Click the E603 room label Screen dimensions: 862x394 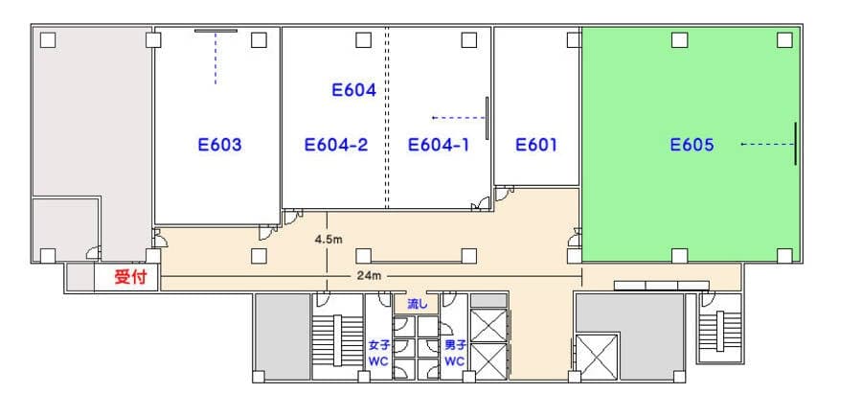coord(219,145)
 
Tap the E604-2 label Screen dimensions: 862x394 coord(336,145)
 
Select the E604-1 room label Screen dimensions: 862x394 coord(439,145)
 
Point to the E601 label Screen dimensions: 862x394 coord(536,145)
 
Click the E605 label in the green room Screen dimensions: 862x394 coord(692,145)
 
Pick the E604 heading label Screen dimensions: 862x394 coord(354,90)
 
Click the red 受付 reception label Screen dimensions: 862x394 coord(131,276)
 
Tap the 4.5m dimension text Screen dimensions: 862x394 coord(329,240)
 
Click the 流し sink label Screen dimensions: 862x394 coord(417,303)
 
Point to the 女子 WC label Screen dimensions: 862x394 coord(378,354)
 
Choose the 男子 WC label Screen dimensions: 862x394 coord(455,354)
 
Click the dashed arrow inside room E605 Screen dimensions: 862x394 coord(767,144)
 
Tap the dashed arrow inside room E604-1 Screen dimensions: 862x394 coord(459,118)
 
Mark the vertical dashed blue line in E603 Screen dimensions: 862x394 coord(215,58)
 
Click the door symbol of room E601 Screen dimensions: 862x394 coord(504,193)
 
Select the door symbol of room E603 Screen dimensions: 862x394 coord(269,232)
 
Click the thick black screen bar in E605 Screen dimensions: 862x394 coord(795,144)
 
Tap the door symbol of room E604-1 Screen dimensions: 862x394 coord(480,204)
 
